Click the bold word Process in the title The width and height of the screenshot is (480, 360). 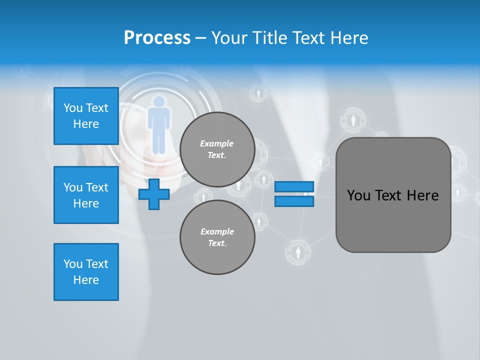coord(157,38)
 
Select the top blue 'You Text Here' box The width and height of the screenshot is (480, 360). coord(86,116)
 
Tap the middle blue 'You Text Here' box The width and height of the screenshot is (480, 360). coord(86,195)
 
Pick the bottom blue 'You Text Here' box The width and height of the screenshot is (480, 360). coord(86,271)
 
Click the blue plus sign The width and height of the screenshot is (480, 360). coord(154,194)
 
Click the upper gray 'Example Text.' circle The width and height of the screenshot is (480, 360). coord(217,149)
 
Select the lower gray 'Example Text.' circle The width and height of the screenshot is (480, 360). coord(217,237)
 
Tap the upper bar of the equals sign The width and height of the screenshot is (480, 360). coord(294,186)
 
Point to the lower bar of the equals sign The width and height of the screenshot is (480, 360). coord(294,201)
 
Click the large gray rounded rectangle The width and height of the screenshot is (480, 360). coord(393,195)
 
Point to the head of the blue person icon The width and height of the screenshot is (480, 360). coord(159,101)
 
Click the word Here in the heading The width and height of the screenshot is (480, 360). coord(348,38)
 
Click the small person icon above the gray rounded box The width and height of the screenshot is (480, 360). coord(353,120)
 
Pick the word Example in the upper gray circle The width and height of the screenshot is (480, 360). coord(217,143)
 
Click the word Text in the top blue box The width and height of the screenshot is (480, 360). coord(96,108)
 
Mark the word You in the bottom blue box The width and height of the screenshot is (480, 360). coord(72,264)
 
